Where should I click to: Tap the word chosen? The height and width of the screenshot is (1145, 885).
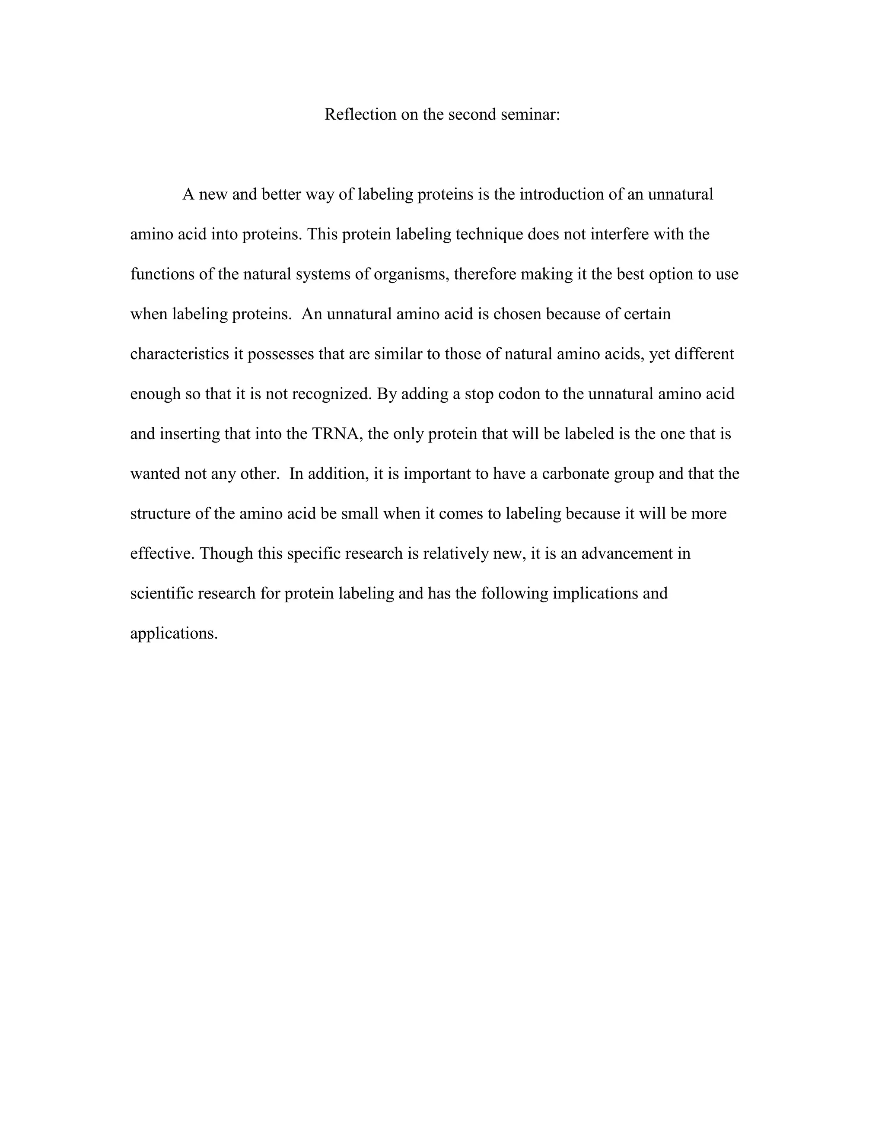click(x=517, y=314)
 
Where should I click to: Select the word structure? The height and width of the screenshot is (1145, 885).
click(x=160, y=513)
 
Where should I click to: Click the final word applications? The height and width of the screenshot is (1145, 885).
click(x=174, y=633)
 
